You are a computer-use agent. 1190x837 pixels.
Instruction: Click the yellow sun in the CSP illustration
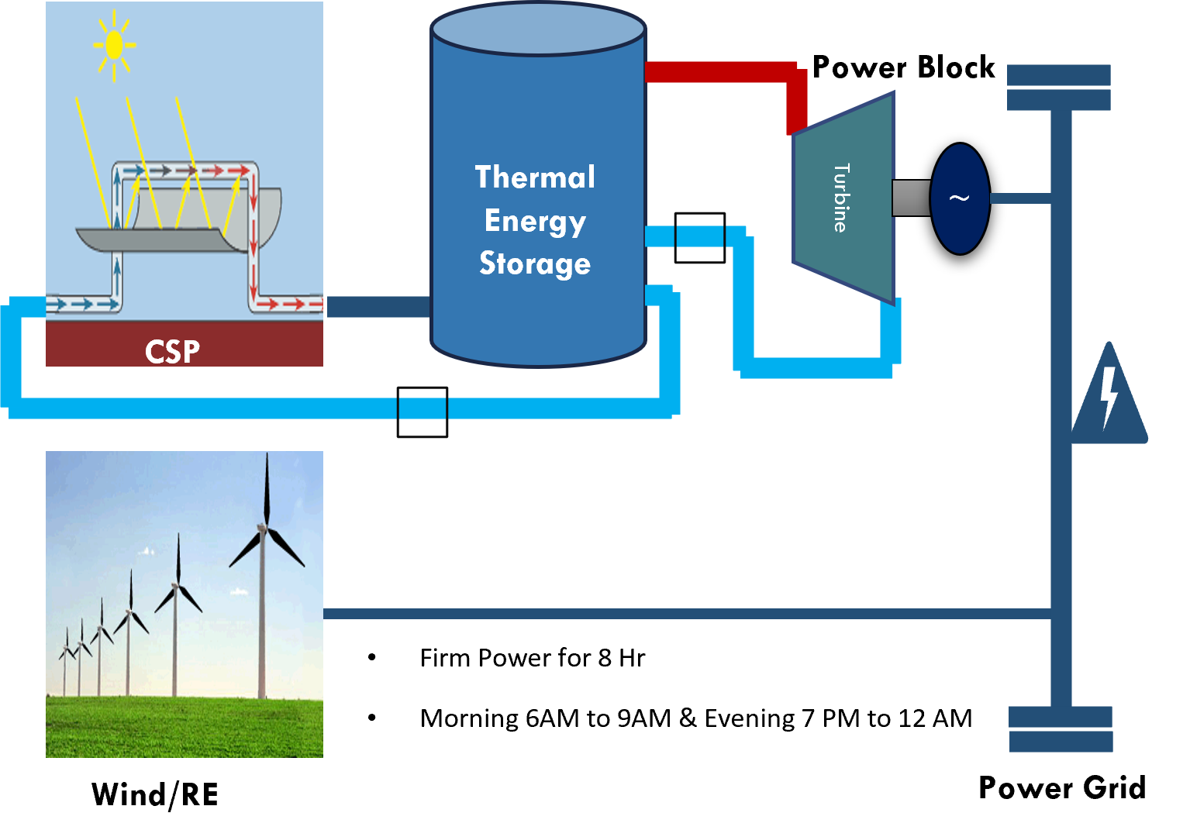tap(114, 45)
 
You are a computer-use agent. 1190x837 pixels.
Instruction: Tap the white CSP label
tap(172, 352)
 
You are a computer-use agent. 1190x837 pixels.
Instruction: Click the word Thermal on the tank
tap(535, 177)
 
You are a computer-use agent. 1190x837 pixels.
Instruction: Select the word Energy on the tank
tap(535, 222)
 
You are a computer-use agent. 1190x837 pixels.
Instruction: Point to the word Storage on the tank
tap(535, 263)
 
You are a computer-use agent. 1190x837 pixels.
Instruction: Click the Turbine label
tap(841, 198)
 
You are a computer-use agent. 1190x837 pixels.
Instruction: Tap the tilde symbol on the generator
tap(960, 198)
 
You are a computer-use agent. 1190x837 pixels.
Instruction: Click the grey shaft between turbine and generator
tap(911, 198)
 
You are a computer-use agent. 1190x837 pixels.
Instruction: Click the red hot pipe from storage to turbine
tap(721, 72)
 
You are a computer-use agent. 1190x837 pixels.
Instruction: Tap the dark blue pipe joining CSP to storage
tap(378, 307)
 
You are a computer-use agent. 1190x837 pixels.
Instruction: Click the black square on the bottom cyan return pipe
tap(423, 412)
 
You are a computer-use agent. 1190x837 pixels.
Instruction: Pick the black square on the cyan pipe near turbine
tap(699, 237)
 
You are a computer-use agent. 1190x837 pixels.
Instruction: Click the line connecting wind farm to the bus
tap(682, 614)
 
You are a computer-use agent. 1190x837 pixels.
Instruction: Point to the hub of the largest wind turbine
tap(264, 529)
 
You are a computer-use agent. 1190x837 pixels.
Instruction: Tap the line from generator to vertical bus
tap(1019, 198)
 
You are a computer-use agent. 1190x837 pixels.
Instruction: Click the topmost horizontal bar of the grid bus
tap(1058, 74)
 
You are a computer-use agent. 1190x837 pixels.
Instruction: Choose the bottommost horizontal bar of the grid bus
tap(1061, 742)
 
